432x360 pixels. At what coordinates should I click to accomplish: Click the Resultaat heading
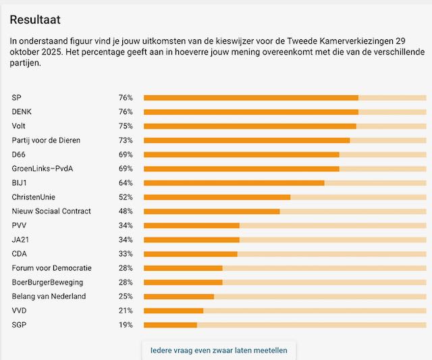coord(35,20)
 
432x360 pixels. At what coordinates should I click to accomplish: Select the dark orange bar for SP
coord(250,98)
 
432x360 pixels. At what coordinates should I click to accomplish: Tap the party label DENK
coord(22,112)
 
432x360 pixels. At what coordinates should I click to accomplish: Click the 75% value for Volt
coord(126,126)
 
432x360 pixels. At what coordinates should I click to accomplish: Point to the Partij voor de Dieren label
coord(46,140)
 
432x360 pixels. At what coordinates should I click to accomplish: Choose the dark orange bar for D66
coord(241,155)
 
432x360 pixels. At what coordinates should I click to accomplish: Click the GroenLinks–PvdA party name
coord(42,169)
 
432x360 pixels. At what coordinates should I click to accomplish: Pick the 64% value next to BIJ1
coord(126,183)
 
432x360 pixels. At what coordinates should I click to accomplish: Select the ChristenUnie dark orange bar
coord(217,197)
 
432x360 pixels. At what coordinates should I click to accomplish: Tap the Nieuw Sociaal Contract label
coord(51,211)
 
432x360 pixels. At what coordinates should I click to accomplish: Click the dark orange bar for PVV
coord(192,226)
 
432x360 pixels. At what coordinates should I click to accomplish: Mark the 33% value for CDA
coord(126,254)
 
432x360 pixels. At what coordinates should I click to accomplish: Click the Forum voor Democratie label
coord(51,268)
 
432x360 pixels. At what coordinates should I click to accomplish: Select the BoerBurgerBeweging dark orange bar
coord(183,282)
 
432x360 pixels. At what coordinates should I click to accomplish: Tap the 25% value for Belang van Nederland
coord(126,297)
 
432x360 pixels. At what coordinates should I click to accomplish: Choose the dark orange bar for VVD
coord(173,311)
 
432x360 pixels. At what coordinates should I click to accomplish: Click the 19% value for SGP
coord(126,325)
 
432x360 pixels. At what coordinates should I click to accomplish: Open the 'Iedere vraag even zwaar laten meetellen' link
coord(219,351)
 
